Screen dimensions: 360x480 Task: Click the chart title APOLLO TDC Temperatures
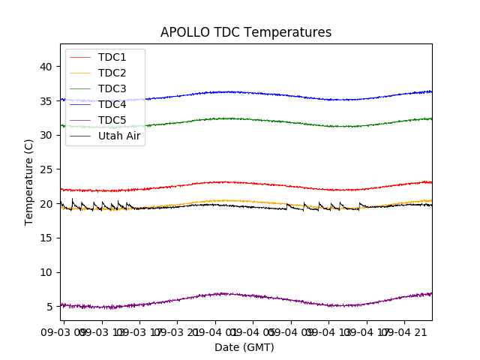246,32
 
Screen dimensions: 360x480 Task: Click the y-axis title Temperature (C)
29,181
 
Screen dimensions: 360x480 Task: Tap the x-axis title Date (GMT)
244,347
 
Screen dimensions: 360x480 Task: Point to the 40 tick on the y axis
46,67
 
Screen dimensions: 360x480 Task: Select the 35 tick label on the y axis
46,101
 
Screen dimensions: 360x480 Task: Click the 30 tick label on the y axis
46,135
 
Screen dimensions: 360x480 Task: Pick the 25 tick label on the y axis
46,169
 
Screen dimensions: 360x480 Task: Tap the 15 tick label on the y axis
46,238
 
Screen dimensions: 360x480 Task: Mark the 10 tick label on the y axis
46,272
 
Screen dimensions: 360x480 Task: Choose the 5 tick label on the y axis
49,306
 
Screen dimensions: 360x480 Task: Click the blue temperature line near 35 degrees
225,91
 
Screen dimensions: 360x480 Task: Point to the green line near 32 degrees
225,118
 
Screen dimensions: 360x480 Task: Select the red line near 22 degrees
225,182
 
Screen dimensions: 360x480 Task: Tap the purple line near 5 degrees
225,294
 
